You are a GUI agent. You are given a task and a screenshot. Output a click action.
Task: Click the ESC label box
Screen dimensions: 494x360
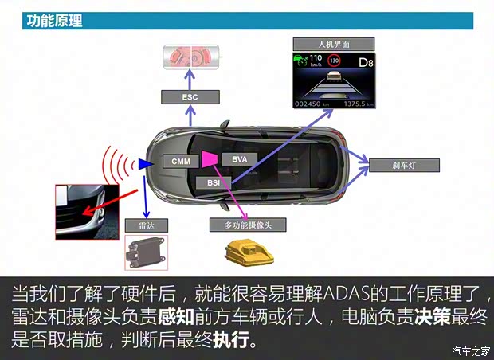coord(190,97)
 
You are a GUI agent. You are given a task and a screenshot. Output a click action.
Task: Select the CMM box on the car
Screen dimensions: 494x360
coord(181,161)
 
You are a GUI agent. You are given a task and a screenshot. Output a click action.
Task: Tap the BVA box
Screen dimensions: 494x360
coord(240,159)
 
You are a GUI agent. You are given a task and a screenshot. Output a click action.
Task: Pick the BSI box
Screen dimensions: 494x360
coord(214,182)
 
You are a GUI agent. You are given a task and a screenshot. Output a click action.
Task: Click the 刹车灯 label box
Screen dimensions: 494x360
coord(404,166)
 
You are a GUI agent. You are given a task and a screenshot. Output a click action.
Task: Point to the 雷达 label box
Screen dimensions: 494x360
coord(147,225)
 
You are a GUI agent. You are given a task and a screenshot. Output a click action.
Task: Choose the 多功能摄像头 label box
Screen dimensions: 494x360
coord(248,225)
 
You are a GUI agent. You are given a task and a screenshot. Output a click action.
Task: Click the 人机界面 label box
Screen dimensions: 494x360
coord(334,44)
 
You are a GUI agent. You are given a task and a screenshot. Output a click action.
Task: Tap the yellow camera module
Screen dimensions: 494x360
coord(249,253)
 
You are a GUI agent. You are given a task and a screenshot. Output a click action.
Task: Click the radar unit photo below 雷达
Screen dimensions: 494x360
coord(146,252)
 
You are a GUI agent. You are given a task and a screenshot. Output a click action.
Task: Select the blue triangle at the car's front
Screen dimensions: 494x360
coord(146,164)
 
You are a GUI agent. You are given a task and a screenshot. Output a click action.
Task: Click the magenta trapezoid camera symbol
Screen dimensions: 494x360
coord(210,158)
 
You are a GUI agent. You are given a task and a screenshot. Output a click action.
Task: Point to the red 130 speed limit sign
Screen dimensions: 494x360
coord(334,61)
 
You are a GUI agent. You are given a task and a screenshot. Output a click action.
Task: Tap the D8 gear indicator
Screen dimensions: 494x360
coord(366,62)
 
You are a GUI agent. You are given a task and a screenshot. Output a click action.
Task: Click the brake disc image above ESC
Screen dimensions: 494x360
coord(191,57)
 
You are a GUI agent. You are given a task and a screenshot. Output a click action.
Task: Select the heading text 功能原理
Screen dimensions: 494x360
coord(54,21)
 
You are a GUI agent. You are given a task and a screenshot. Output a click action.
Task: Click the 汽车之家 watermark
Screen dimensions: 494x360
coord(471,350)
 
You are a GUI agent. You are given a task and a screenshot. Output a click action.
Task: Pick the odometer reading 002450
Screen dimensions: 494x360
coord(308,104)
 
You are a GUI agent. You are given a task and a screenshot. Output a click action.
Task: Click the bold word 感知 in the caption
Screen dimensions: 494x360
coord(176,317)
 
